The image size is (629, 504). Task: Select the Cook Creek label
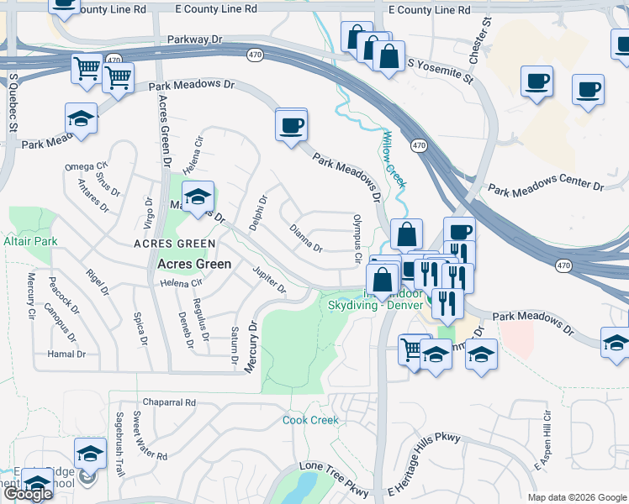pyautogui.click(x=310, y=420)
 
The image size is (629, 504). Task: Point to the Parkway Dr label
pyautogui.click(x=194, y=39)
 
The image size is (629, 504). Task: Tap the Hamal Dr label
pyautogui.click(x=67, y=354)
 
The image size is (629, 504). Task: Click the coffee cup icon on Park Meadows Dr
pyautogui.click(x=291, y=125)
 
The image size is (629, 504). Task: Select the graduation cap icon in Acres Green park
pyautogui.click(x=198, y=197)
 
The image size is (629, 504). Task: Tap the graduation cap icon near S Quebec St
pyautogui.click(x=81, y=118)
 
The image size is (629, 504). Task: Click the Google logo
pyautogui.click(x=28, y=494)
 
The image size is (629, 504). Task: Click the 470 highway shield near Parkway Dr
pyautogui.click(x=255, y=55)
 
